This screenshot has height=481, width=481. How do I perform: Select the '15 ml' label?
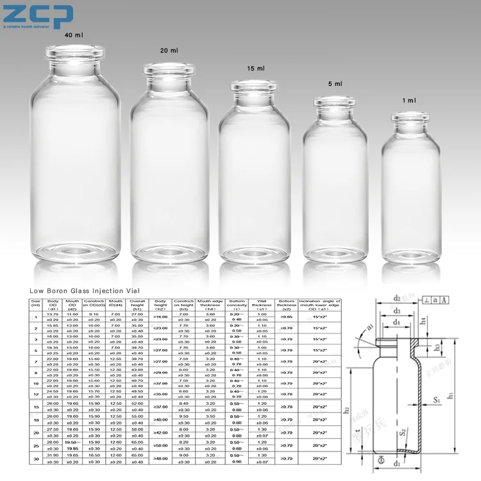coord(255,68)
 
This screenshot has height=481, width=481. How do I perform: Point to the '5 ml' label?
coord(334,84)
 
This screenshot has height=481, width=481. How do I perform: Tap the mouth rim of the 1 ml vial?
coord(411,117)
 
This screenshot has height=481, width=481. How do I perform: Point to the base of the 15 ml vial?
coord(255,254)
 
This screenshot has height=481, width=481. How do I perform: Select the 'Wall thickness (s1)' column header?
coord(262,305)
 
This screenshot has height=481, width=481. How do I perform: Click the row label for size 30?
coord(36,458)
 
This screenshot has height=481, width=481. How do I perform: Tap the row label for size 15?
coord(36,407)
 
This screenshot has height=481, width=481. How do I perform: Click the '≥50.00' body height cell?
coord(161,444)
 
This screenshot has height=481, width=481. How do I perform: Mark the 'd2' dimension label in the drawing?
coord(397,298)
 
